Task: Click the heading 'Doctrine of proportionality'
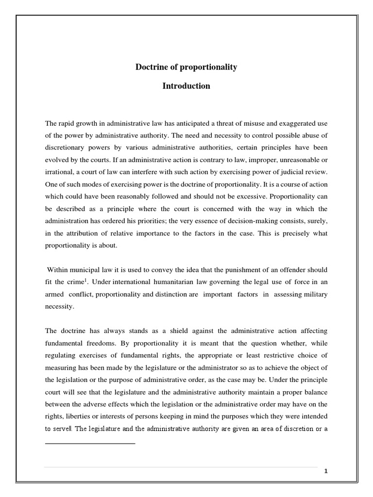[186, 67]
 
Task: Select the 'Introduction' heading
[186, 86]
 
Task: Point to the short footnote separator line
[90, 443]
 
